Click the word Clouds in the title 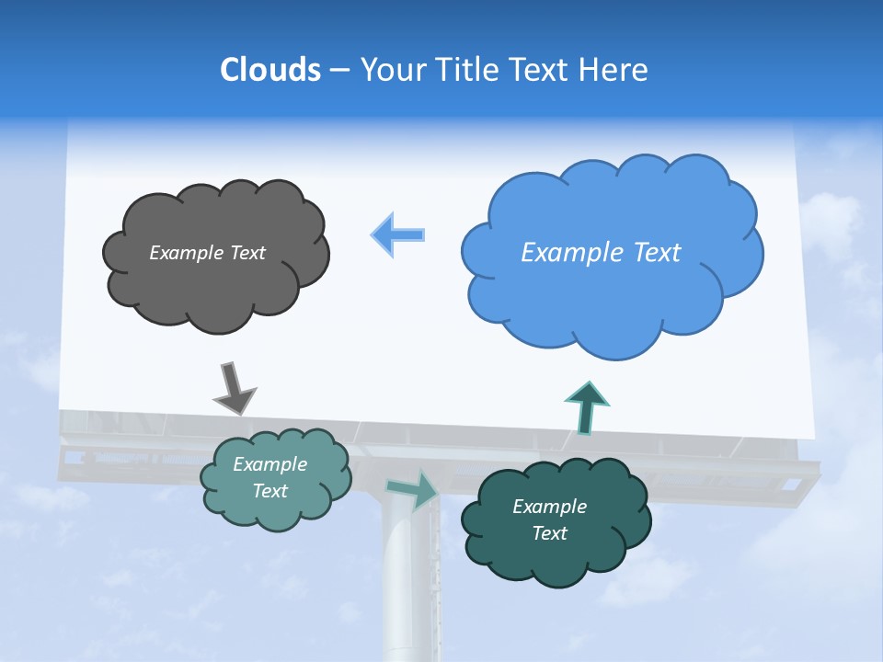269,70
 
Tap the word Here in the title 615,70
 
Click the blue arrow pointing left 398,234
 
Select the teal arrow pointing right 413,490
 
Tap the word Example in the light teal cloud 269,464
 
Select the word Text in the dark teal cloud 549,533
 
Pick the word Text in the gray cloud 247,253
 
